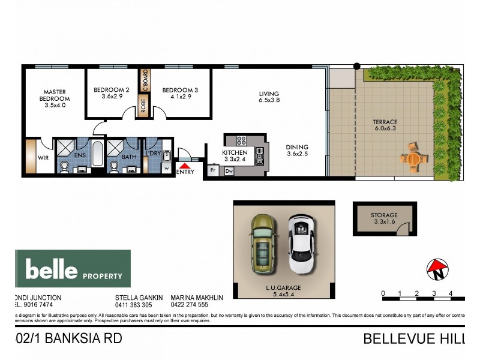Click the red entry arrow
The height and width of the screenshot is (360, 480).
(x=186, y=165)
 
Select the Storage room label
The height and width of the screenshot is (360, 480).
(x=383, y=215)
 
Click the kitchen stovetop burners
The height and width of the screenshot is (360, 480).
(x=242, y=141)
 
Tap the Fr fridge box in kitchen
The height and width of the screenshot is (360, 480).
(x=212, y=170)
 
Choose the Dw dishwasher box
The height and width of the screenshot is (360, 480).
(x=229, y=171)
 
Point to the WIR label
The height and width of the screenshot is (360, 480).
(x=43, y=158)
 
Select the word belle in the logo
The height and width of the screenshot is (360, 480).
(x=52, y=270)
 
